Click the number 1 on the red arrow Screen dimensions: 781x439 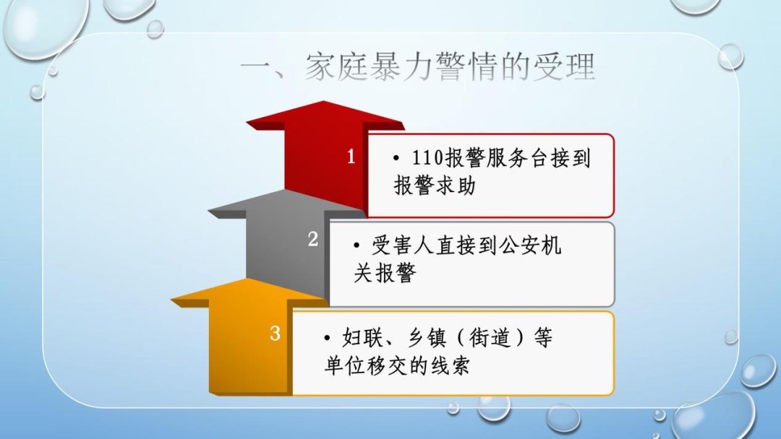pos(351,157)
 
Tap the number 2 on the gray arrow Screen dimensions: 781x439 pos(313,239)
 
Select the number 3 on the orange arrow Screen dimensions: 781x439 pos(275,333)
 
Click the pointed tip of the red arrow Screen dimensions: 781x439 pos(324,101)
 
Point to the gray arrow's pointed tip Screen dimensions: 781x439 pos(286,190)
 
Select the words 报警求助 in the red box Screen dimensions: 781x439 pos(435,186)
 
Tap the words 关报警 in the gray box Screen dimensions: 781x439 pos(385,273)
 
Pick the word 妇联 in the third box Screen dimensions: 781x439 pos(362,338)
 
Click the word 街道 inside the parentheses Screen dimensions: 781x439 pos(490,338)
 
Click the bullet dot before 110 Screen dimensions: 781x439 pos(396,159)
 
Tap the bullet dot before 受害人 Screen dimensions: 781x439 pos(357,245)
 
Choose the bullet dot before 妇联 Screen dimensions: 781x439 pos(327,339)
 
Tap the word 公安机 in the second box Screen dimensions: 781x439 pos(530,245)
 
